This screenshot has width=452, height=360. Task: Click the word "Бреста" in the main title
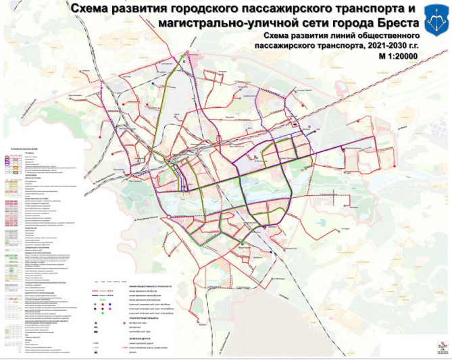click(x=391, y=22)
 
